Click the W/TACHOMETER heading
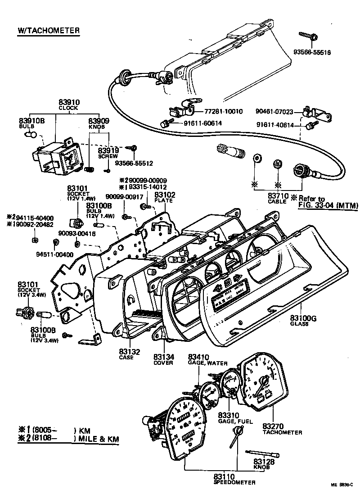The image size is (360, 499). click(49, 31)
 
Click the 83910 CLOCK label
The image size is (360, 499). click(68, 104)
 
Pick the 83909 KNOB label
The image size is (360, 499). click(99, 123)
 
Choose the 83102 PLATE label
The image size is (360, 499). click(165, 197)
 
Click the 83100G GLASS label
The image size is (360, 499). click(304, 321)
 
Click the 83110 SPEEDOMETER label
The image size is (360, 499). click(234, 478)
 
